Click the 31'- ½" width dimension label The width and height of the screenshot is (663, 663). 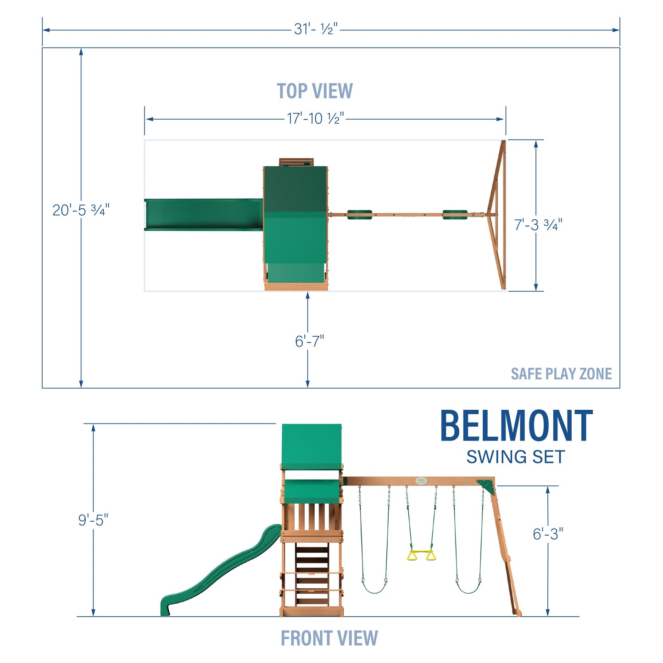[x=316, y=29]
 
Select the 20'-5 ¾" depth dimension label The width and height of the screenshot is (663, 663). [x=81, y=210]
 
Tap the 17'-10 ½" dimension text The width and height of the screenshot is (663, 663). [x=315, y=118]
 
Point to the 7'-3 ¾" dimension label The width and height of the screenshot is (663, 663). [x=538, y=225]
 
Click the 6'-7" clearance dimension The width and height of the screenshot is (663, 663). [x=309, y=341]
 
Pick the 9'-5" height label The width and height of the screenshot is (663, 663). [x=93, y=520]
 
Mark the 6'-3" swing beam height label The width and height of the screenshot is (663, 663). [x=548, y=534]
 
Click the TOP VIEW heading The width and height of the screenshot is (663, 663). [x=315, y=91]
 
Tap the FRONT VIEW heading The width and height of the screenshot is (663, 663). [x=329, y=638]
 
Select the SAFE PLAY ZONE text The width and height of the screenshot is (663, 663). [x=561, y=374]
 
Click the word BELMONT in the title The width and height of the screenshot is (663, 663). [x=516, y=427]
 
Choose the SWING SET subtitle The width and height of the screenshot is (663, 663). [x=515, y=457]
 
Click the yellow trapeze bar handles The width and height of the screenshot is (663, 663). [x=421, y=555]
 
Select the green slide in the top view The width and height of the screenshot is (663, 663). [x=203, y=215]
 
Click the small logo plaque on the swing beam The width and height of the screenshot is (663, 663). [x=421, y=481]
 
